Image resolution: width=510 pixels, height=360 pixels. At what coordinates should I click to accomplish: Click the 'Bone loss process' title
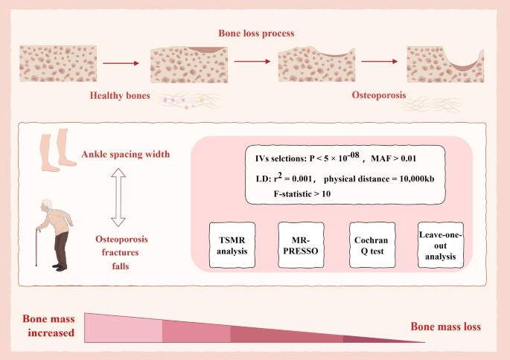(256, 34)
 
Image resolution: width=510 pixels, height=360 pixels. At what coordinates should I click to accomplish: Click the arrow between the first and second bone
(121, 63)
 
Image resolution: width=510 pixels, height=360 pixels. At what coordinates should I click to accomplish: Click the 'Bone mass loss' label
(446, 327)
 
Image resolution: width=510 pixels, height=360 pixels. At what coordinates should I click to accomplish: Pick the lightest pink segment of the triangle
(124, 327)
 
